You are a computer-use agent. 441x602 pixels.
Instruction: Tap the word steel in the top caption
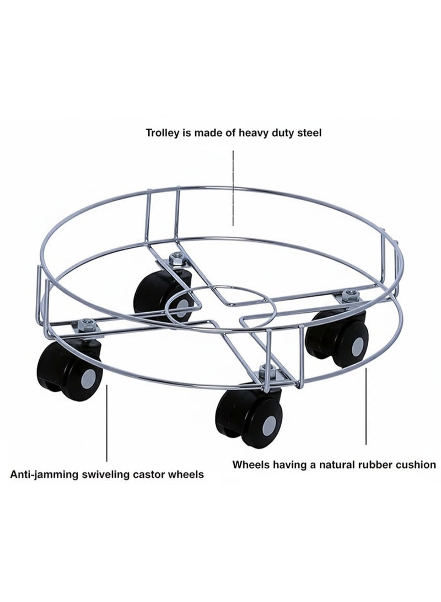point(309,133)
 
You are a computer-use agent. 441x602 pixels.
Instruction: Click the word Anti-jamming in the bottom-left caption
point(44,475)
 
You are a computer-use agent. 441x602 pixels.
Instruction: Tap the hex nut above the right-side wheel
point(349,295)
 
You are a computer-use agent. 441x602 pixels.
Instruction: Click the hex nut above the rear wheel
point(177,258)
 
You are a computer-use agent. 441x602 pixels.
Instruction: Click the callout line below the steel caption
point(233,188)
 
